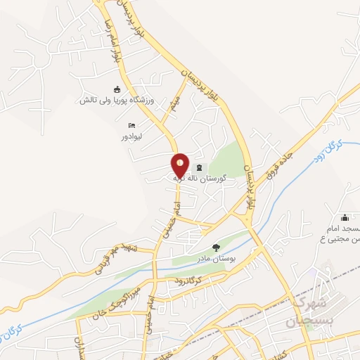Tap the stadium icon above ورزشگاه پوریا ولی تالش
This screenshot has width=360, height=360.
tap(117, 89)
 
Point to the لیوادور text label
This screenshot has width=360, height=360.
tap(131, 136)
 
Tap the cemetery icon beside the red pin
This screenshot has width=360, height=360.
tap(200, 167)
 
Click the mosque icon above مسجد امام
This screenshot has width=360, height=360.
tap(344, 217)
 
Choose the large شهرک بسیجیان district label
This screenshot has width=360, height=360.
tap(313, 310)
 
